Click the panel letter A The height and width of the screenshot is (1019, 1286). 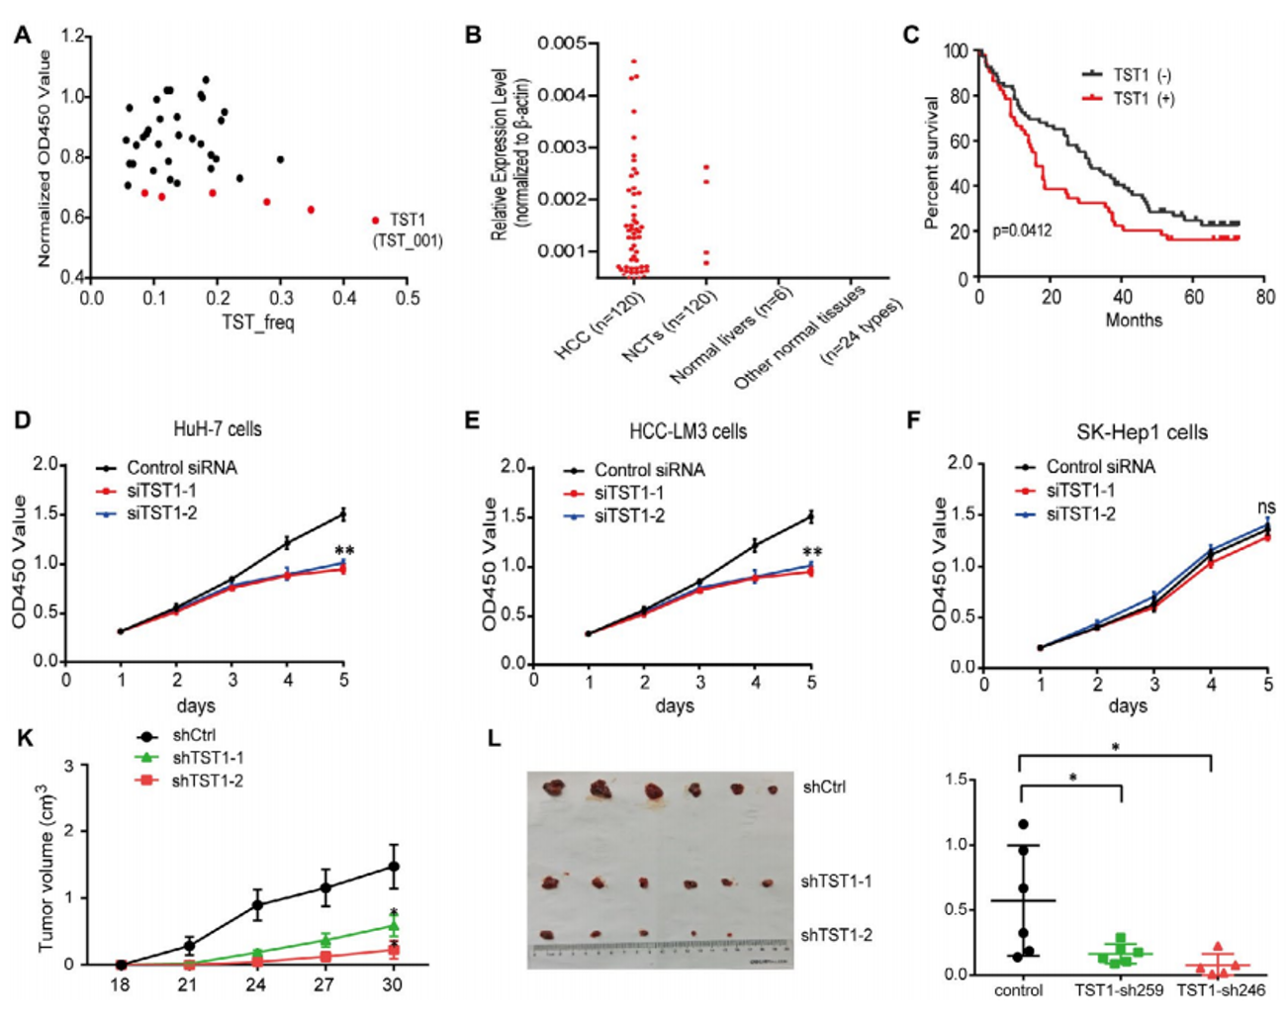point(22,36)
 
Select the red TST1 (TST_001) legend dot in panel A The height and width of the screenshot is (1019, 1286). point(375,221)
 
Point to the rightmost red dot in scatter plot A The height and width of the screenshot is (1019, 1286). point(311,210)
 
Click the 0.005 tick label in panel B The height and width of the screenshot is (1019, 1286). point(561,44)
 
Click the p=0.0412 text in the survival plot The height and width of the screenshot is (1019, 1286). point(1022,231)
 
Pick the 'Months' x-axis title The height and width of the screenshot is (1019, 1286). point(1134,320)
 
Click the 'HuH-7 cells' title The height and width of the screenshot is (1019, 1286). point(218,428)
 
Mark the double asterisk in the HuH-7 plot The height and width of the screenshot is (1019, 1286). point(344,551)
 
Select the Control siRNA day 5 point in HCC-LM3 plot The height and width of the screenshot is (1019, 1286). point(811,515)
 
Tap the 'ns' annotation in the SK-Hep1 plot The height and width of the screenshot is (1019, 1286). point(1265,508)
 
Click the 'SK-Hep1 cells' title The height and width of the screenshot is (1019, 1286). point(1142,432)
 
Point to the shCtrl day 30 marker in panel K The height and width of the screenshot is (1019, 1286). point(393,867)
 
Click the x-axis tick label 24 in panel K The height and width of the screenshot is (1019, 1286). point(255,984)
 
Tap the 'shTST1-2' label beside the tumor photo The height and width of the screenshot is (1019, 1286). point(836,935)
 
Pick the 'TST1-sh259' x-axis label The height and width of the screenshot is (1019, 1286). point(1118,990)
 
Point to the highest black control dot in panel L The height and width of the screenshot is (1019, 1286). point(1023,824)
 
